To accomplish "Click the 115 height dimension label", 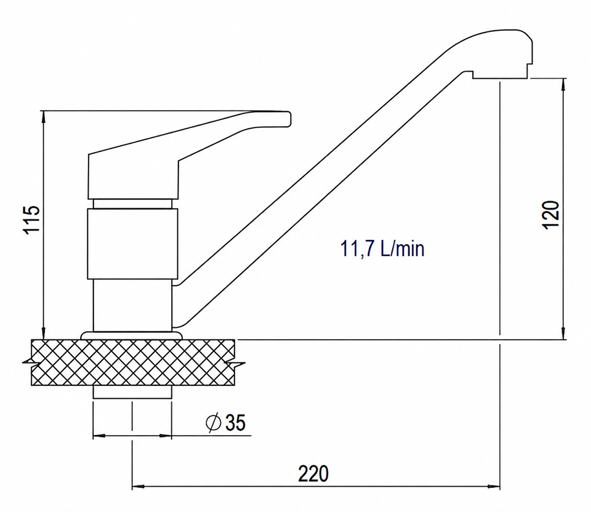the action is (32, 220).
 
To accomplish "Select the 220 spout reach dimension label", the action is (313, 474).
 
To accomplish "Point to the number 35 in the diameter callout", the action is (235, 422).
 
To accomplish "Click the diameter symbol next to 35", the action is (214, 422).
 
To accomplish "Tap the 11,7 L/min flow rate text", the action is (382, 249).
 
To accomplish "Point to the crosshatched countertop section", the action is (133, 362).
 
